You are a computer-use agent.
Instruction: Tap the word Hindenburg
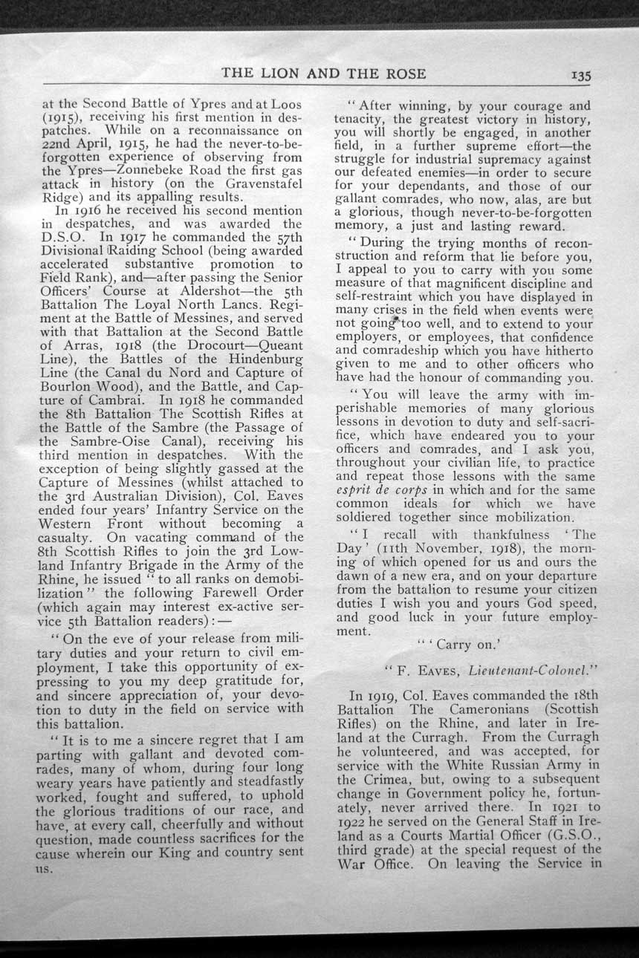260,359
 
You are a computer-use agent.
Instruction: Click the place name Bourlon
68,387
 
